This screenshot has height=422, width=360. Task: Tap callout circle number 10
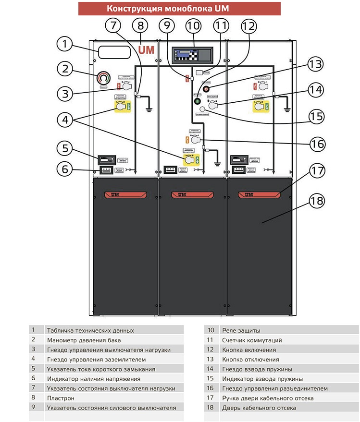[x=195, y=27]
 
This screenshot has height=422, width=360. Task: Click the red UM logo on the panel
[x=146, y=50]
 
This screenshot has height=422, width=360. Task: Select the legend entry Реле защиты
[x=241, y=330]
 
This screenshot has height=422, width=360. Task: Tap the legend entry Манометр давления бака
[x=84, y=340]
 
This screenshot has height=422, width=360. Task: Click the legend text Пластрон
[x=60, y=398]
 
